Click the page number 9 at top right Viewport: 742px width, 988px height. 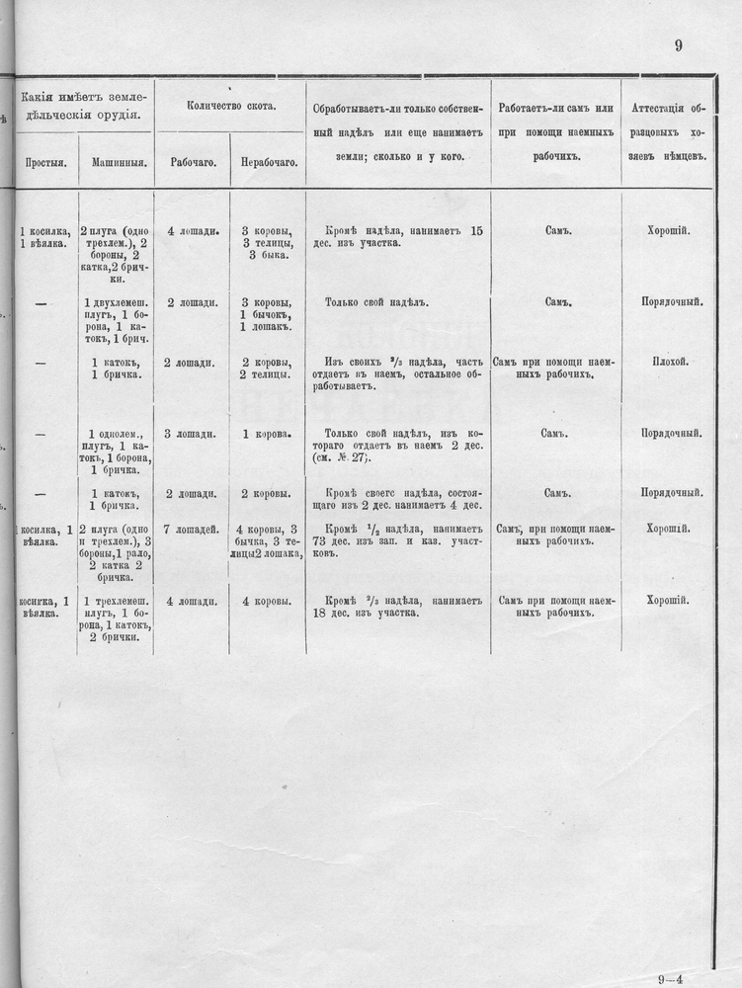click(x=679, y=44)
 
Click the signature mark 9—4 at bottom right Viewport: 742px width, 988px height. click(x=695, y=973)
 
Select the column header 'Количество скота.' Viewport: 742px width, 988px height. click(x=230, y=105)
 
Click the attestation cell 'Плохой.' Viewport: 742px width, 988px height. click(x=670, y=363)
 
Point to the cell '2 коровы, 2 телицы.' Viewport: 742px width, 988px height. click(x=265, y=369)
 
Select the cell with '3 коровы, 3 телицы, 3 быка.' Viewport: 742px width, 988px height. click(x=267, y=243)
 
